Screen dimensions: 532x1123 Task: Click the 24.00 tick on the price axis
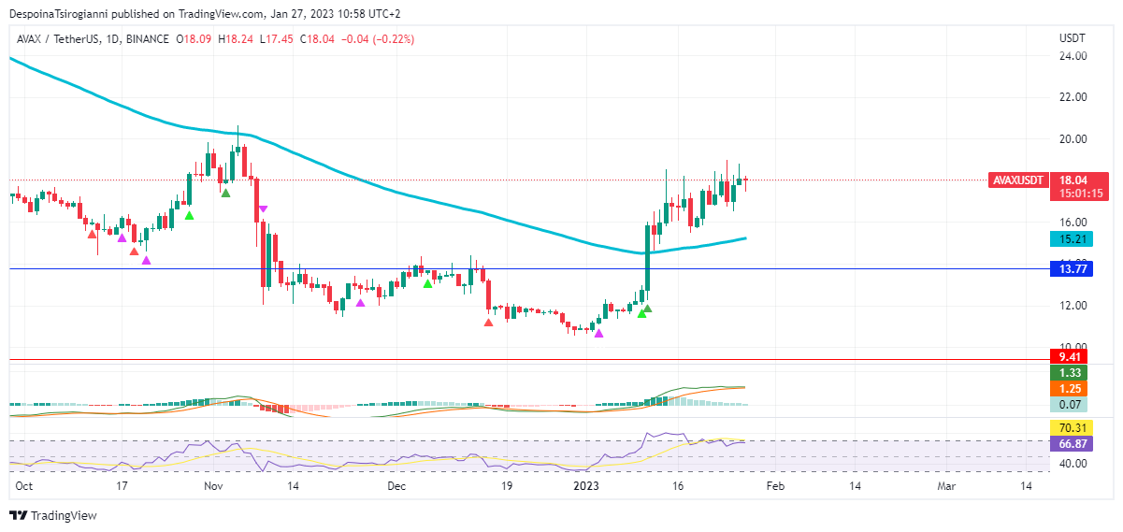pyautogui.click(x=1072, y=56)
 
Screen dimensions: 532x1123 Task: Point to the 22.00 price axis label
pyautogui.click(x=1072, y=97)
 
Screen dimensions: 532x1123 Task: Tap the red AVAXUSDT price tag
pyautogui.click(x=1017, y=180)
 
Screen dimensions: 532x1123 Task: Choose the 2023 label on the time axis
pyautogui.click(x=586, y=487)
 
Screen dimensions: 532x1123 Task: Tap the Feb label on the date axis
pyautogui.click(x=775, y=487)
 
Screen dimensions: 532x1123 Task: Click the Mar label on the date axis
pyautogui.click(x=946, y=487)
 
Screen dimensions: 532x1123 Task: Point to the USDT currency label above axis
pyautogui.click(x=1072, y=38)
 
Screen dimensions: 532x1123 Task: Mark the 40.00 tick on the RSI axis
pyautogui.click(x=1072, y=464)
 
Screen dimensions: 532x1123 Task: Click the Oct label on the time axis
pyautogui.click(x=25, y=487)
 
